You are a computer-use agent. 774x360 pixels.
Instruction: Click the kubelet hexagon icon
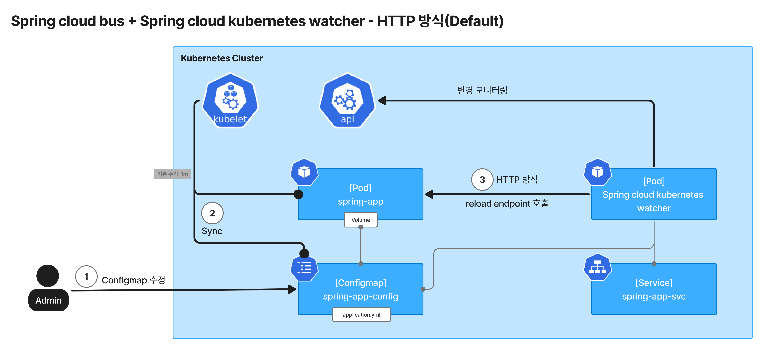click(230, 101)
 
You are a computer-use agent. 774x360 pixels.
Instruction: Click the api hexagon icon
click(347, 101)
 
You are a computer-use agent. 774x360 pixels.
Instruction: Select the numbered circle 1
click(86, 276)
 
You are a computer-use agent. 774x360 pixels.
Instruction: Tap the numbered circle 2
click(212, 213)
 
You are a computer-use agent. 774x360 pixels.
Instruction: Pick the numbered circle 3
click(482, 180)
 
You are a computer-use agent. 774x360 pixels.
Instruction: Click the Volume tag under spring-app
click(361, 220)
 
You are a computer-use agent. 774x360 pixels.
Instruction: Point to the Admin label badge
click(48, 300)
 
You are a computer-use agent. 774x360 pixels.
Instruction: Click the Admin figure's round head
click(47, 276)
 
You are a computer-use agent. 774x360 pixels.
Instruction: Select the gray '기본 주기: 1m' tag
click(172, 174)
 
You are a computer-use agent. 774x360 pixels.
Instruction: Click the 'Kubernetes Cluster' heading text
click(222, 58)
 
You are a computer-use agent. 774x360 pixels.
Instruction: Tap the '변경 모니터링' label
click(482, 90)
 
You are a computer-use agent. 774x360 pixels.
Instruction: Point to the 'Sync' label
click(212, 231)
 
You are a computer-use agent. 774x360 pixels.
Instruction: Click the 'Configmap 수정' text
click(133, 280)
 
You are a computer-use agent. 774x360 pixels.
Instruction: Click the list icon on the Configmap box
click(304, 267)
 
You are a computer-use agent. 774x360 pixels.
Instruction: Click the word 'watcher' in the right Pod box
click(654, 208)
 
